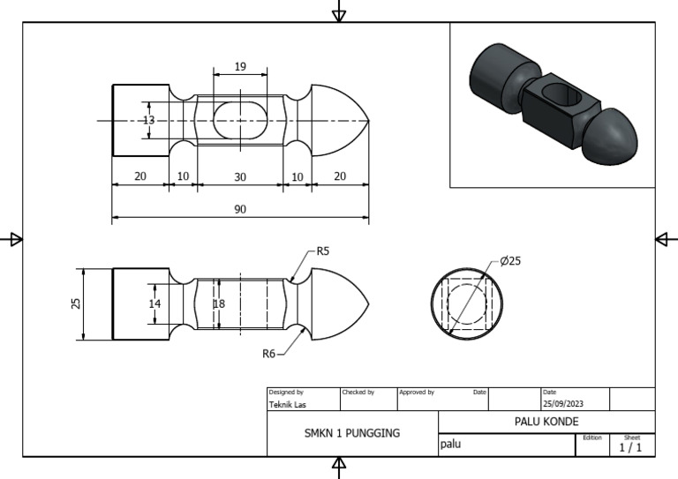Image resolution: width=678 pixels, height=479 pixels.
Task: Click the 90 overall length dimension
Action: point(240,209)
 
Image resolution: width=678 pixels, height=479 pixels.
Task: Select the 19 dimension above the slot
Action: point(240,67)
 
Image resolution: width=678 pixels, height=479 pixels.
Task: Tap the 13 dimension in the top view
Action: point(148,120)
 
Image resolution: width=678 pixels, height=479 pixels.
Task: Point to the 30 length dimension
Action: point(240,176)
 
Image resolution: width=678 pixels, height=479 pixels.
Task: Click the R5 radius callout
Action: point(322,251)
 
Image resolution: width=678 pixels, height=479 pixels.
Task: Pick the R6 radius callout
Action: point(269,354)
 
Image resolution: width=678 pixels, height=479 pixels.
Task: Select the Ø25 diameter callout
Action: point(510,261)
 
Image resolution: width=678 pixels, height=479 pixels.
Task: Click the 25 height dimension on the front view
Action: point(76,303)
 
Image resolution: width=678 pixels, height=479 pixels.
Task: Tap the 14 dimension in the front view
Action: point(155,303)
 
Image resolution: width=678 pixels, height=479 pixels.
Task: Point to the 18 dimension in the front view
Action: point(220,303)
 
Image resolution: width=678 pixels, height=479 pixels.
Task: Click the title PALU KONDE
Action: point(546,422)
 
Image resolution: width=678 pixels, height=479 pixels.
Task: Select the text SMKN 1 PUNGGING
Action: point(352,433)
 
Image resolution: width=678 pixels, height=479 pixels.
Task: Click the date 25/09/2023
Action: point(563,404)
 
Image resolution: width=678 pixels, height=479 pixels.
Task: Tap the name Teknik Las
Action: point(289,405)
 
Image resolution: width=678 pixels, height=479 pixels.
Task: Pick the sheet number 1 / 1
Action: point(630,448)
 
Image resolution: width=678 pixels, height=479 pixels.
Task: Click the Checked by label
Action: point(358,392)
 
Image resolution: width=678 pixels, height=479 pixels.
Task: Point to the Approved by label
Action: point(416,392)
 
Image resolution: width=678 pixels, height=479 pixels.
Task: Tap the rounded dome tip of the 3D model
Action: point(615,136)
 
